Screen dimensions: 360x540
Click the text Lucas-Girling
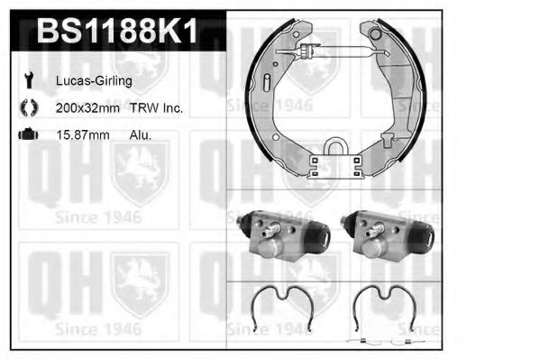point(96,81)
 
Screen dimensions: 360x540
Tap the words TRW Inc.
point(160,108)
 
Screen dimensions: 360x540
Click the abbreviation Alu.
point(141,134)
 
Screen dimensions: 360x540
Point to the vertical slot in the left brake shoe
point(269,83)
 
